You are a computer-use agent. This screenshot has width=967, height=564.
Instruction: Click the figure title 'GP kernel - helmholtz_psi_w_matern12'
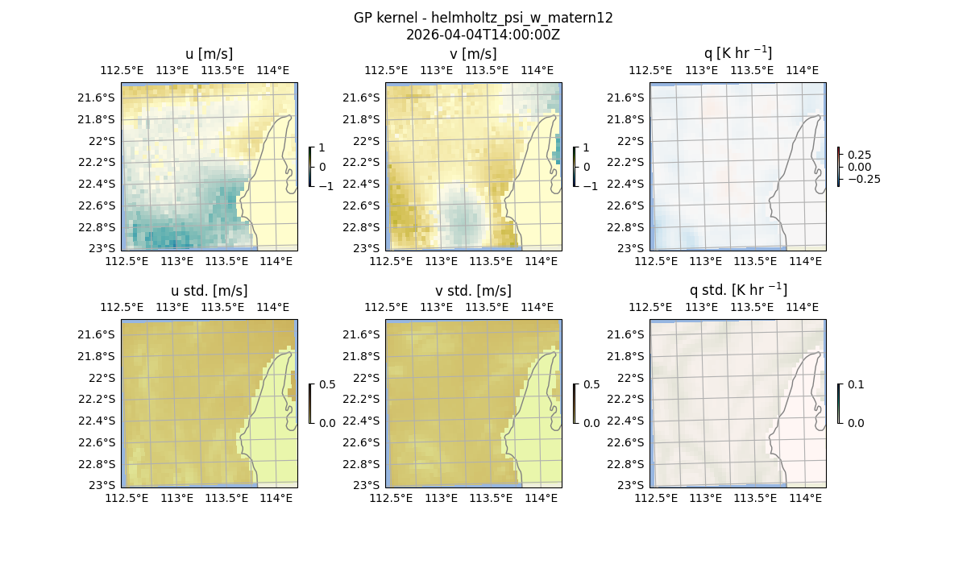click(x=483, y=18)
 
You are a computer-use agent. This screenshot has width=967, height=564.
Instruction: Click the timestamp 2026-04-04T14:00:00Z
click(x=483, y=35)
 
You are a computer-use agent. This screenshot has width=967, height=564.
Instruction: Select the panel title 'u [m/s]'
click(x=210, y=54)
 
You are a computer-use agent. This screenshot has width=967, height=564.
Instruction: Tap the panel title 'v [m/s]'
click(x=474, y=54)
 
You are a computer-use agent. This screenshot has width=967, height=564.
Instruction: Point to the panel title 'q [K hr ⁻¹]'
click(x=737, y=53)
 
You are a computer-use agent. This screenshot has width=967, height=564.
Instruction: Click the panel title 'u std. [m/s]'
click(x=210, y=291)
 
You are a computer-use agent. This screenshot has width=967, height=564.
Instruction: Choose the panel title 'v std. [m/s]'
click(x=474, y=291)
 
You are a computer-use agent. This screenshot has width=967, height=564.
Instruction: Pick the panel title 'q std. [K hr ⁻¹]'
click(x=737, y=290)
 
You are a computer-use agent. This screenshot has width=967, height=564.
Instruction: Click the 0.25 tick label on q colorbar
click(x=859, y=155)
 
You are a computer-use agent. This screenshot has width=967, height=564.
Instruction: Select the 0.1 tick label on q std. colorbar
click(x=853, y=385)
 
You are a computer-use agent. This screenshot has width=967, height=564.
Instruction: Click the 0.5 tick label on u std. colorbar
click(x=326, y=385)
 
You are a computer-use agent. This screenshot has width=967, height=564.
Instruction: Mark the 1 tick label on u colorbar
click(x=322, y=148)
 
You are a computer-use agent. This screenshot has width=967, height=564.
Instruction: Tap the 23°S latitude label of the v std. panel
click(x=367, y=485)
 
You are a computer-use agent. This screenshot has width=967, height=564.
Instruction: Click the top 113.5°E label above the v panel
click(x=488, y=71)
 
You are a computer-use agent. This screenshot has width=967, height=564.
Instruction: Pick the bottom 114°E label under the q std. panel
click(x=805, y=499)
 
